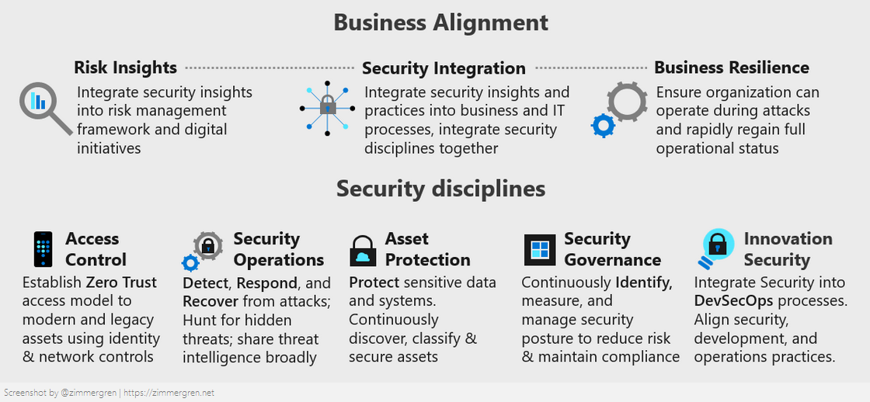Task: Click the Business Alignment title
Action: [x=440, y=22]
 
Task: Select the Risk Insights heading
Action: [x=125, y=68]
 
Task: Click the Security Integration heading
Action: [x=444, y=68]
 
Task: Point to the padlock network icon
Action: [x=327, y=108]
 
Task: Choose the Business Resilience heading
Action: [x=731, y=68]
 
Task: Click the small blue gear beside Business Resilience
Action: [x=603, y=126]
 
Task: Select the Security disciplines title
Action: [x=440, y=189]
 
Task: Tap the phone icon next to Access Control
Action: [x=43, y=249]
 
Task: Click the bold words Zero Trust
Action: [x=121, y=282]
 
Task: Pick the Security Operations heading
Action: [x=278, y=249]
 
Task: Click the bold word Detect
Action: [x=206, y=282]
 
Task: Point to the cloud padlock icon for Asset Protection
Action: [x=363, y=251]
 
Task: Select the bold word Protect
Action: [x=374, y=282]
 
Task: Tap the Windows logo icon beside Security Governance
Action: [x=539, y=250]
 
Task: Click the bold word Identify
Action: [x=644, y=282]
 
